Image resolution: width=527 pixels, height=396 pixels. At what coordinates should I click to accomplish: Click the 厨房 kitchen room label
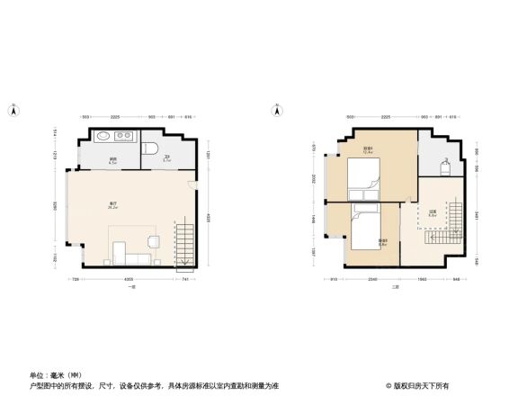click(x=113, y=160)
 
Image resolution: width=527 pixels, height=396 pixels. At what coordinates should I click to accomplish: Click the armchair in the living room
click(x=153, y=241)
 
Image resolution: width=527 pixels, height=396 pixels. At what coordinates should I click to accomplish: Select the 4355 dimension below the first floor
click(x=130, y=281)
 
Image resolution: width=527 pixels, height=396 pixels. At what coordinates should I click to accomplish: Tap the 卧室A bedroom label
click(x=368, y=149)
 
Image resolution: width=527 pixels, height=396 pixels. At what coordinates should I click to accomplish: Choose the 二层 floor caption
click(x=395, y=287)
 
